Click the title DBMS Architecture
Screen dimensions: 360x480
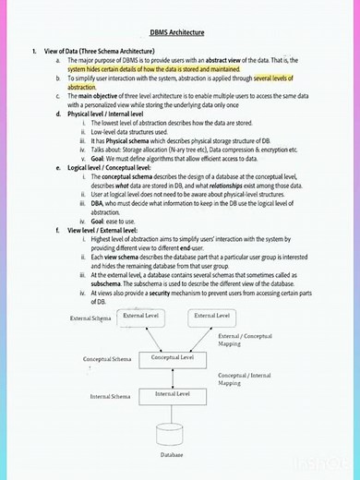click(180, 31)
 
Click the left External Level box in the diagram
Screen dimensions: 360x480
click(141, 317)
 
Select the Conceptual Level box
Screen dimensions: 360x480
click(173, 357)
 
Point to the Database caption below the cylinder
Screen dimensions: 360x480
click(173, 455)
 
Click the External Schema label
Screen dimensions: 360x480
click(90, 318)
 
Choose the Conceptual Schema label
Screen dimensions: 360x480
click(107, 359)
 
